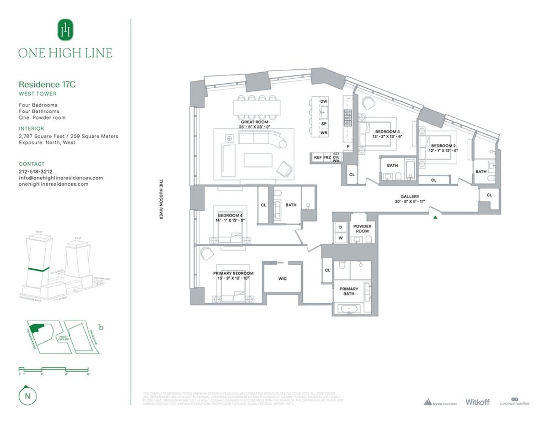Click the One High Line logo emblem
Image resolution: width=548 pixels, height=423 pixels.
click(65, 30)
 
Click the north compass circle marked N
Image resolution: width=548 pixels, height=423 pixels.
click(28, 396)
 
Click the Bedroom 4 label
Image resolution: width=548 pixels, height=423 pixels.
click(230, 215)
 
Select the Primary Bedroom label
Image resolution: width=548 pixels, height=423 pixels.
click(233, 273)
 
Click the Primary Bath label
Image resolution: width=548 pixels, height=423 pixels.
click(348, 291)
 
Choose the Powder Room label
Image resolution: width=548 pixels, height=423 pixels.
click(362, 228)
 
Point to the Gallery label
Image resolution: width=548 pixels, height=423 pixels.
click(410, 196)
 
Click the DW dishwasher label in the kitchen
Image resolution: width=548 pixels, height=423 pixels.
click(324, 101)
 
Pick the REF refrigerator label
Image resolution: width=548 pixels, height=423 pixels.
click(317, 157)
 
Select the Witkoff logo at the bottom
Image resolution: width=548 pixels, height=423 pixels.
click(477, 402)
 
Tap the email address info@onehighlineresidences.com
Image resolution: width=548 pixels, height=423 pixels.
click(60, 178)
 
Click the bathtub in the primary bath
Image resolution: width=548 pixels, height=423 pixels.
click(350, 310)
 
